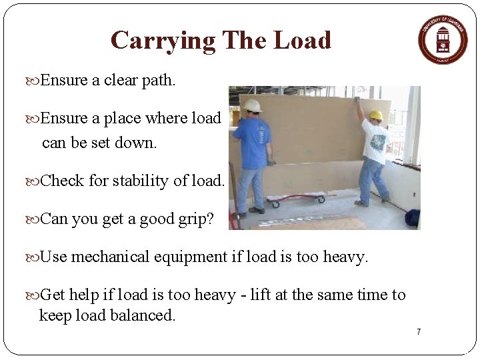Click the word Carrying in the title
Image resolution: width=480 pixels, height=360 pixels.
point(163,41)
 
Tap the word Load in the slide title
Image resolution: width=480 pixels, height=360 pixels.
point(301,41)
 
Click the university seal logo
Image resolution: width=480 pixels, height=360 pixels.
point(443,39)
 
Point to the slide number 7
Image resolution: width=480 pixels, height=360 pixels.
point(419,332)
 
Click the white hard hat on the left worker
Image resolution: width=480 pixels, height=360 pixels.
point(252,105)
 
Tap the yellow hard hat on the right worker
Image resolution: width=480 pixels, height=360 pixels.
point(376,115)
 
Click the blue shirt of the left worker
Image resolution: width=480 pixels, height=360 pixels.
point(253,141)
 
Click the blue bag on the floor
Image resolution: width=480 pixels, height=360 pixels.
point(413,217)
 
